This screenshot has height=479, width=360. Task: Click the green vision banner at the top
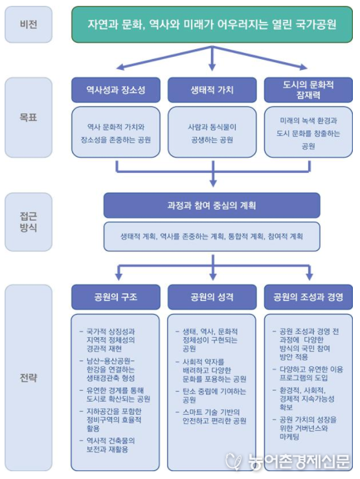pyautogui.click(x=212, y=25)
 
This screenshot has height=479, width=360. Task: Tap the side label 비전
pyautogui.click(x=28, y=25)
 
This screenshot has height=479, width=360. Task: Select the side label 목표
pyautogui.click(x=28, y=117)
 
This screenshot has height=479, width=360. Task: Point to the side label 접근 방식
pyautogui.click(x=28, y=222)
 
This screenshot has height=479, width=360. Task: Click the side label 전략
pyautogui.click(x=28, y=378)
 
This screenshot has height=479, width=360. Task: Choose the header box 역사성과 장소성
pyautogui.click(x=116, y=90)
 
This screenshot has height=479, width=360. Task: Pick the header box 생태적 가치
pyautogui.click(x=212, y=90)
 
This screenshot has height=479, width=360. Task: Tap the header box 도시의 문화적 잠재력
pyautogui.click(x=308, y=90)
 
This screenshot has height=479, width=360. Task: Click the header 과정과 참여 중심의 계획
pyautogui.click(x=212, y=205)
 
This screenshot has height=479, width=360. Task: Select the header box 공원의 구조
pyautogui.click(x=116, y=297)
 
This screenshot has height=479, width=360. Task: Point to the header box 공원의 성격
pyautogui.click(x=212, y=297)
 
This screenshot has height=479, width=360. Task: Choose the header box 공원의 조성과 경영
pyautogui.click(x=308, y=297)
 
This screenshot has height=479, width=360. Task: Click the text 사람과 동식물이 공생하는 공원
pyautogui.click(x=212, y=133)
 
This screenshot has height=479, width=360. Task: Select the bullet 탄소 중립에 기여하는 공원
pyautogui.click(x=210, y=395)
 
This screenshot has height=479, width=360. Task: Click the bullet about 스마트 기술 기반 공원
pyautogui.click(x=210, y=416)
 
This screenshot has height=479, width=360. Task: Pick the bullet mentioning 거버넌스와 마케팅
pyautogui.click(x=304, y=428)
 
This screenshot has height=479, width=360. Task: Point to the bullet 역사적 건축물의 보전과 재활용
pyautogui.click(x=107, y=445)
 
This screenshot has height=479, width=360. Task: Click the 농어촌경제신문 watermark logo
pyautogui.click(x=287, y=462)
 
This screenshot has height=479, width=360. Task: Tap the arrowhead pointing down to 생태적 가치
pyautogui.click(x=212, y=67)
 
